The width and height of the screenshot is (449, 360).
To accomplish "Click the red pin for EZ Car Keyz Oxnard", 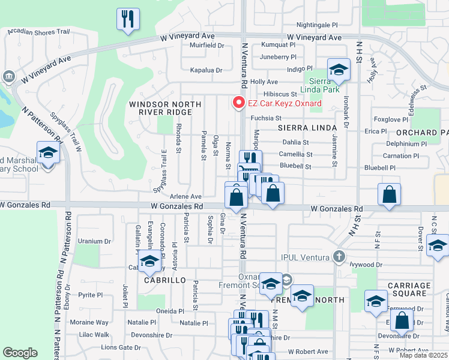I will coord(239,103).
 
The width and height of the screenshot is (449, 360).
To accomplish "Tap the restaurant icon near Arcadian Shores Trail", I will coord(128,19).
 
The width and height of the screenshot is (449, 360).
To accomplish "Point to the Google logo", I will coord(20,353).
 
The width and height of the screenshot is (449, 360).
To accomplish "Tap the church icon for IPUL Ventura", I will coord(339,257).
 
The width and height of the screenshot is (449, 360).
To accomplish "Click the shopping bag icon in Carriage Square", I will coord(402,320).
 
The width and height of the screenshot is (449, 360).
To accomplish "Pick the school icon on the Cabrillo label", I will coord(149,261).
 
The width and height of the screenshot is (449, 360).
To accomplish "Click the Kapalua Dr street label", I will coord(206,70).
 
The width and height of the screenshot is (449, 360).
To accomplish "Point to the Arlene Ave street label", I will coord(186,196).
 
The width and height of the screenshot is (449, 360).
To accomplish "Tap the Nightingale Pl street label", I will coord(318,26).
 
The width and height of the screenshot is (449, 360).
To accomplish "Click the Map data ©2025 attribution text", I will coord(424,355).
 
